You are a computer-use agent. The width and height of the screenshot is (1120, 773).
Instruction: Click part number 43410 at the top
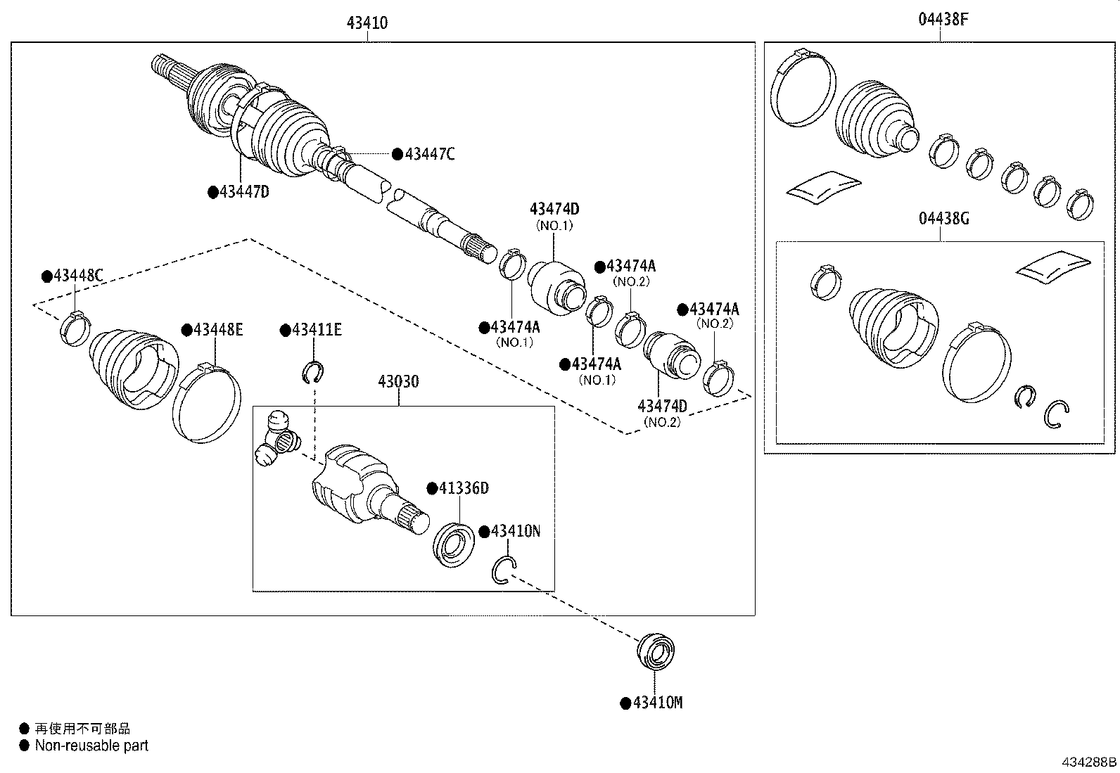(x=367, y=23)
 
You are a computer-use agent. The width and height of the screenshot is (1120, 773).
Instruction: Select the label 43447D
(x=243, y=191)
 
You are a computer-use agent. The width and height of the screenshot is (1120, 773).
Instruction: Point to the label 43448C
(x=78, y=276)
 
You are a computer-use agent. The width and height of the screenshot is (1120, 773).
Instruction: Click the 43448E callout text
(x=217, y=329)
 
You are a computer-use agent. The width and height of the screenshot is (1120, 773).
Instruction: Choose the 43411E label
(x=316, y=329)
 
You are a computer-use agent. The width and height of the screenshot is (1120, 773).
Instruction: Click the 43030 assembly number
(x=398, y=381)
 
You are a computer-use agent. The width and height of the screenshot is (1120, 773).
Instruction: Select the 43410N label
(x=514, y=531)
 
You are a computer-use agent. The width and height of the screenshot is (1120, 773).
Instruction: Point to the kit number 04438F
(x=943, y=20)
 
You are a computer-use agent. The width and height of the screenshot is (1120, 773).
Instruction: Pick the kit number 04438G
(x=943, y=219)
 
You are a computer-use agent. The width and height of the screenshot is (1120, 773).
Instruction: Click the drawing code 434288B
(x=1088, y=762)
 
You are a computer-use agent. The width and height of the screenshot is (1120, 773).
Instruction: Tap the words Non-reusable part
(x=91, y=746)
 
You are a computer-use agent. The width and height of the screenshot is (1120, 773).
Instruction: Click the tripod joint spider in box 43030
(x=279, y=439)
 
